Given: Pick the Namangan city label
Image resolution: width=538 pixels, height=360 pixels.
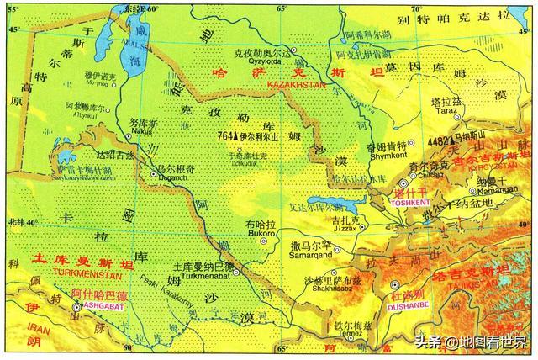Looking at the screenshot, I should [x=493, y=193].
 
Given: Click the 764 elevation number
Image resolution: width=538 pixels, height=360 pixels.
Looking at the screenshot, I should [x=225, y=134].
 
